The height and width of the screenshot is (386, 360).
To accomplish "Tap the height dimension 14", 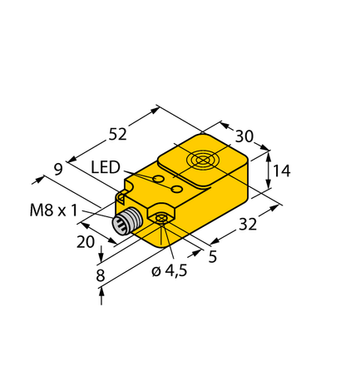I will click(281, 171).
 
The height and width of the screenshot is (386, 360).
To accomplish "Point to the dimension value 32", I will click(247, 224).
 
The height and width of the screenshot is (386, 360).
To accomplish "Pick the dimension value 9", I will click(58, 169).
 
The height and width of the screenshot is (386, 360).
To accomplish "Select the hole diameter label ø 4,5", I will click(170, 270).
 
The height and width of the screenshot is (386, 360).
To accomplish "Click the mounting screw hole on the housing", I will click(160, 219).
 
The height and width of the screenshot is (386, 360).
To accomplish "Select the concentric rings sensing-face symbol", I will click(202, 160).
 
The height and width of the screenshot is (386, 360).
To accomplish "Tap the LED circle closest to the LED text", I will click(158, 179).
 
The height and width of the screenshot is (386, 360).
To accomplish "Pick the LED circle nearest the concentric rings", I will click(176, 191).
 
